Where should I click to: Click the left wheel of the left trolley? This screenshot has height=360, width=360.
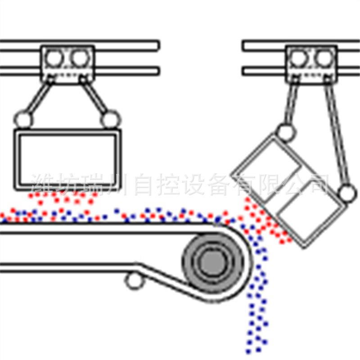[55, 58]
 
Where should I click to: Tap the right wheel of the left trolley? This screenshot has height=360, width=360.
[80, 58]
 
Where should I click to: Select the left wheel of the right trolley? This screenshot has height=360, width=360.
[298, 58]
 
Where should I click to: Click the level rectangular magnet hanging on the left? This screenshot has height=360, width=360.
[68, 160]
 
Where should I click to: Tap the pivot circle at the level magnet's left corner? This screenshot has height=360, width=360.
[23, 119]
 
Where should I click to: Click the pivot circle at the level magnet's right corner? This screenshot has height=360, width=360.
[109, 119]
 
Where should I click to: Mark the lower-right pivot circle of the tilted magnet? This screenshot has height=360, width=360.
[346, 193]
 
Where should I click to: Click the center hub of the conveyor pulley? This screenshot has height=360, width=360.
[209, 263]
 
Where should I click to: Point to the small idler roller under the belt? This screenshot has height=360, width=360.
[132, 281]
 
